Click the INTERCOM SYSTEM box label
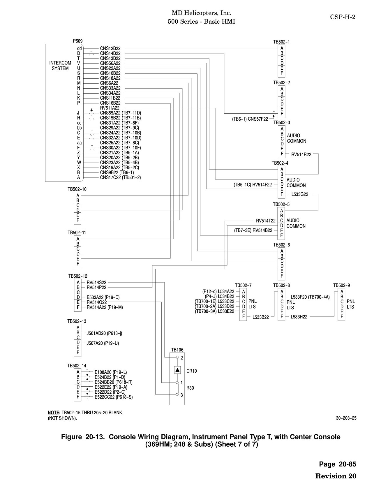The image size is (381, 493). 60,66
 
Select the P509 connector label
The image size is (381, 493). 77,41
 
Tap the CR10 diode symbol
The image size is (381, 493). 177,370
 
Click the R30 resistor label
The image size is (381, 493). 190,388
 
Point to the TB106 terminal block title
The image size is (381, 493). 177,350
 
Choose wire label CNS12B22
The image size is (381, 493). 110,48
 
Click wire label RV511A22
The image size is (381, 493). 110,108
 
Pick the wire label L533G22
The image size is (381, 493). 300,194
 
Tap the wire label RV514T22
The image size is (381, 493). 266,221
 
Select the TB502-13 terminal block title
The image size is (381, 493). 77,321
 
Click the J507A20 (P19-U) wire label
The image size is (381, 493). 103,343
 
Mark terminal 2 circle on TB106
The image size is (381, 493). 177,358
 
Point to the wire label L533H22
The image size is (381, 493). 299,317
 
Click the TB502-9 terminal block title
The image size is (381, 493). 342,285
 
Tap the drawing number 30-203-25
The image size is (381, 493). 346,418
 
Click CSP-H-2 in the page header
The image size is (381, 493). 343,17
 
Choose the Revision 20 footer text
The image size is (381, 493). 336,476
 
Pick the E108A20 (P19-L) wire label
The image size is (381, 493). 111,372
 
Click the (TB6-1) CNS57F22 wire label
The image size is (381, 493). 250,119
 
